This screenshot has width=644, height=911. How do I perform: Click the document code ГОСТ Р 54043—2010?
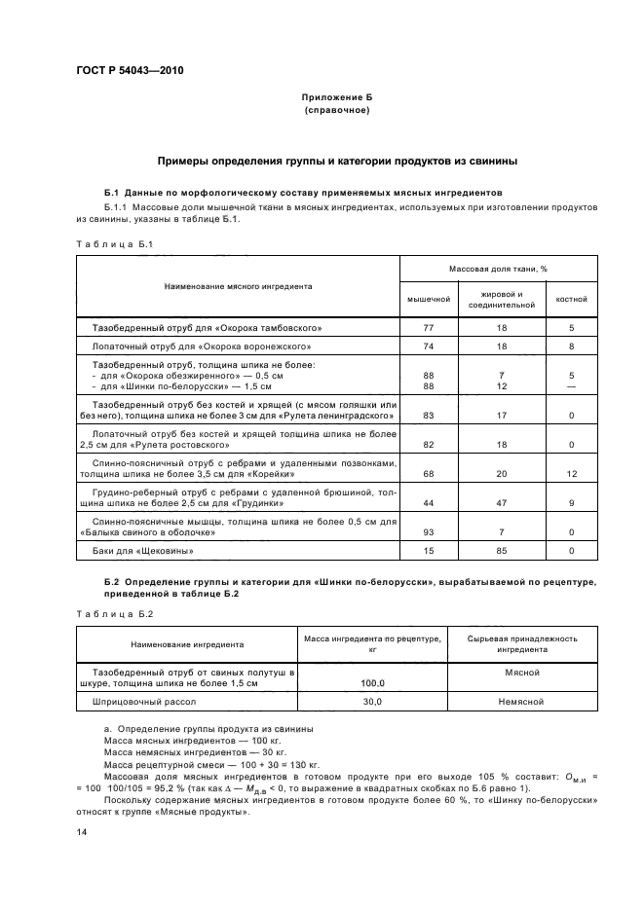pyautogui.click(x=130, y=72)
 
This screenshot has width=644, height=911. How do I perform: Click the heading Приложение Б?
pyautogui.click(x=337, y=99)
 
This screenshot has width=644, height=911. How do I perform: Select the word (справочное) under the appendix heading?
pyautogui.click(x=337, y=112)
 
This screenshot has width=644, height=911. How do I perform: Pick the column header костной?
pyautogui.click(x=571, y=299)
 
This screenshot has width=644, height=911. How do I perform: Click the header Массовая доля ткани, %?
pyautogui.click(x=498, y=268)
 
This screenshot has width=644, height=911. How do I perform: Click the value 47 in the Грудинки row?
pyautogui.click(x=501, y=503)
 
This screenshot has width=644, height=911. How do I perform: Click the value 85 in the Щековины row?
pyautogui.click(x=501, y=552)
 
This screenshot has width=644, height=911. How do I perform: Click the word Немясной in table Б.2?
pyautogui.click(x=523, y=702)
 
